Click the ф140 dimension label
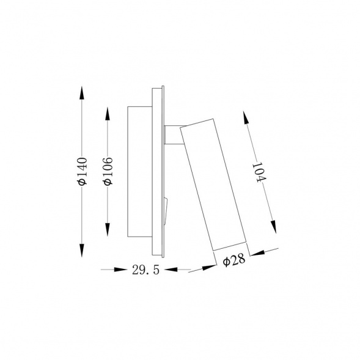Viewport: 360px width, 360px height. (83, 171)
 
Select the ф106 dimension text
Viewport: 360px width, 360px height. (108, 171)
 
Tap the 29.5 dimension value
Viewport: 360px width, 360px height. (145, 270)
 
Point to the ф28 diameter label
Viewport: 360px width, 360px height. (234, 260)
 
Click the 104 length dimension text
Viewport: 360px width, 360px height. (259, 172)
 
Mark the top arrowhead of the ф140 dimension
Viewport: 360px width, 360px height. (82, 92)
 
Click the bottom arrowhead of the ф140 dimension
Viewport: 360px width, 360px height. (82, 250)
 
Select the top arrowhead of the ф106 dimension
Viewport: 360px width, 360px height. (108, 114)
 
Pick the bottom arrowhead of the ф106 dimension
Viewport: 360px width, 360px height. (108, 230)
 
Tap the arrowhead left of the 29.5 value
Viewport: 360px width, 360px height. (120, 270)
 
